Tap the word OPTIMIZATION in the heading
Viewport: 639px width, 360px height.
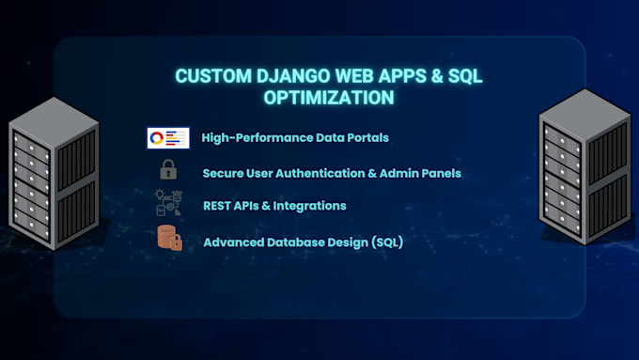click(329, 98)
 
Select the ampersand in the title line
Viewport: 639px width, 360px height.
click(436, 76)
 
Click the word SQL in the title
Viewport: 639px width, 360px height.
click(465, 76)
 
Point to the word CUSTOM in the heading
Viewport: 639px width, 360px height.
click(213, 76)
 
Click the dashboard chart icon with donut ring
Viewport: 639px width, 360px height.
click(168, 138)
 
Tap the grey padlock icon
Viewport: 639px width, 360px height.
click(168, 169)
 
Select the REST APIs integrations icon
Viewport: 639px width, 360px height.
click(168, 203)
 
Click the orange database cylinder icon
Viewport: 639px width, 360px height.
click(169, 238)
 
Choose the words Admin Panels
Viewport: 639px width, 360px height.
click(420, 173)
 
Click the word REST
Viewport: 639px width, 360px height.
click(216, 206)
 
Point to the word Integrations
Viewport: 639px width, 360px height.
click(310, 206)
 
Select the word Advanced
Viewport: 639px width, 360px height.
click(233, 243)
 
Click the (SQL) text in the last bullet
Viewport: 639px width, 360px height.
click(387, 243)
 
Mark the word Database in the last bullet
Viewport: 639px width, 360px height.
click(295, 243)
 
